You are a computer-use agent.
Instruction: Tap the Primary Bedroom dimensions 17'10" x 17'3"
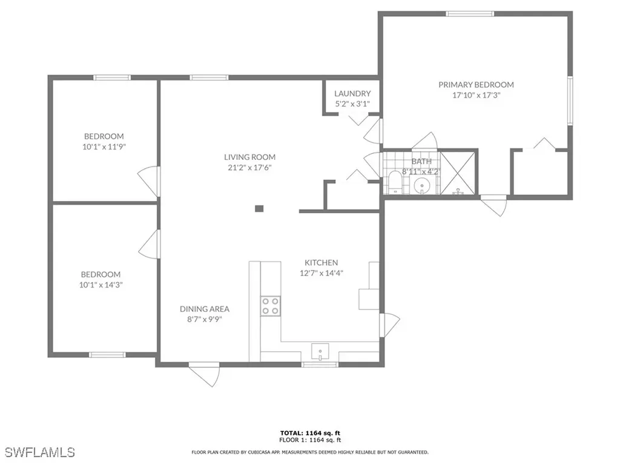(476, 95)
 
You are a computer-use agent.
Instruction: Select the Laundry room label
(352, 93)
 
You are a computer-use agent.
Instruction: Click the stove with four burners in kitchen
(270, 306)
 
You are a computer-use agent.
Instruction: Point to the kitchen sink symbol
(319, 351)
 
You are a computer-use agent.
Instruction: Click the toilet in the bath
(394, 182)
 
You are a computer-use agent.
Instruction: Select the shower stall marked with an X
(458, 173)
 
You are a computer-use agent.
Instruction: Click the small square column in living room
(259, 209)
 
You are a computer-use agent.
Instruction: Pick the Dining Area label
(204, 309)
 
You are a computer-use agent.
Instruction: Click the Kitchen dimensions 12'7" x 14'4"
(321, 272)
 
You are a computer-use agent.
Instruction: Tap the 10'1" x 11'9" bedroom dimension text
(104, 147)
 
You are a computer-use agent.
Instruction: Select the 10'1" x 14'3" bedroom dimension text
(101, 285)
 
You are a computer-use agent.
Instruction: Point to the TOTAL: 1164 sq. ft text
(309, 432)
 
